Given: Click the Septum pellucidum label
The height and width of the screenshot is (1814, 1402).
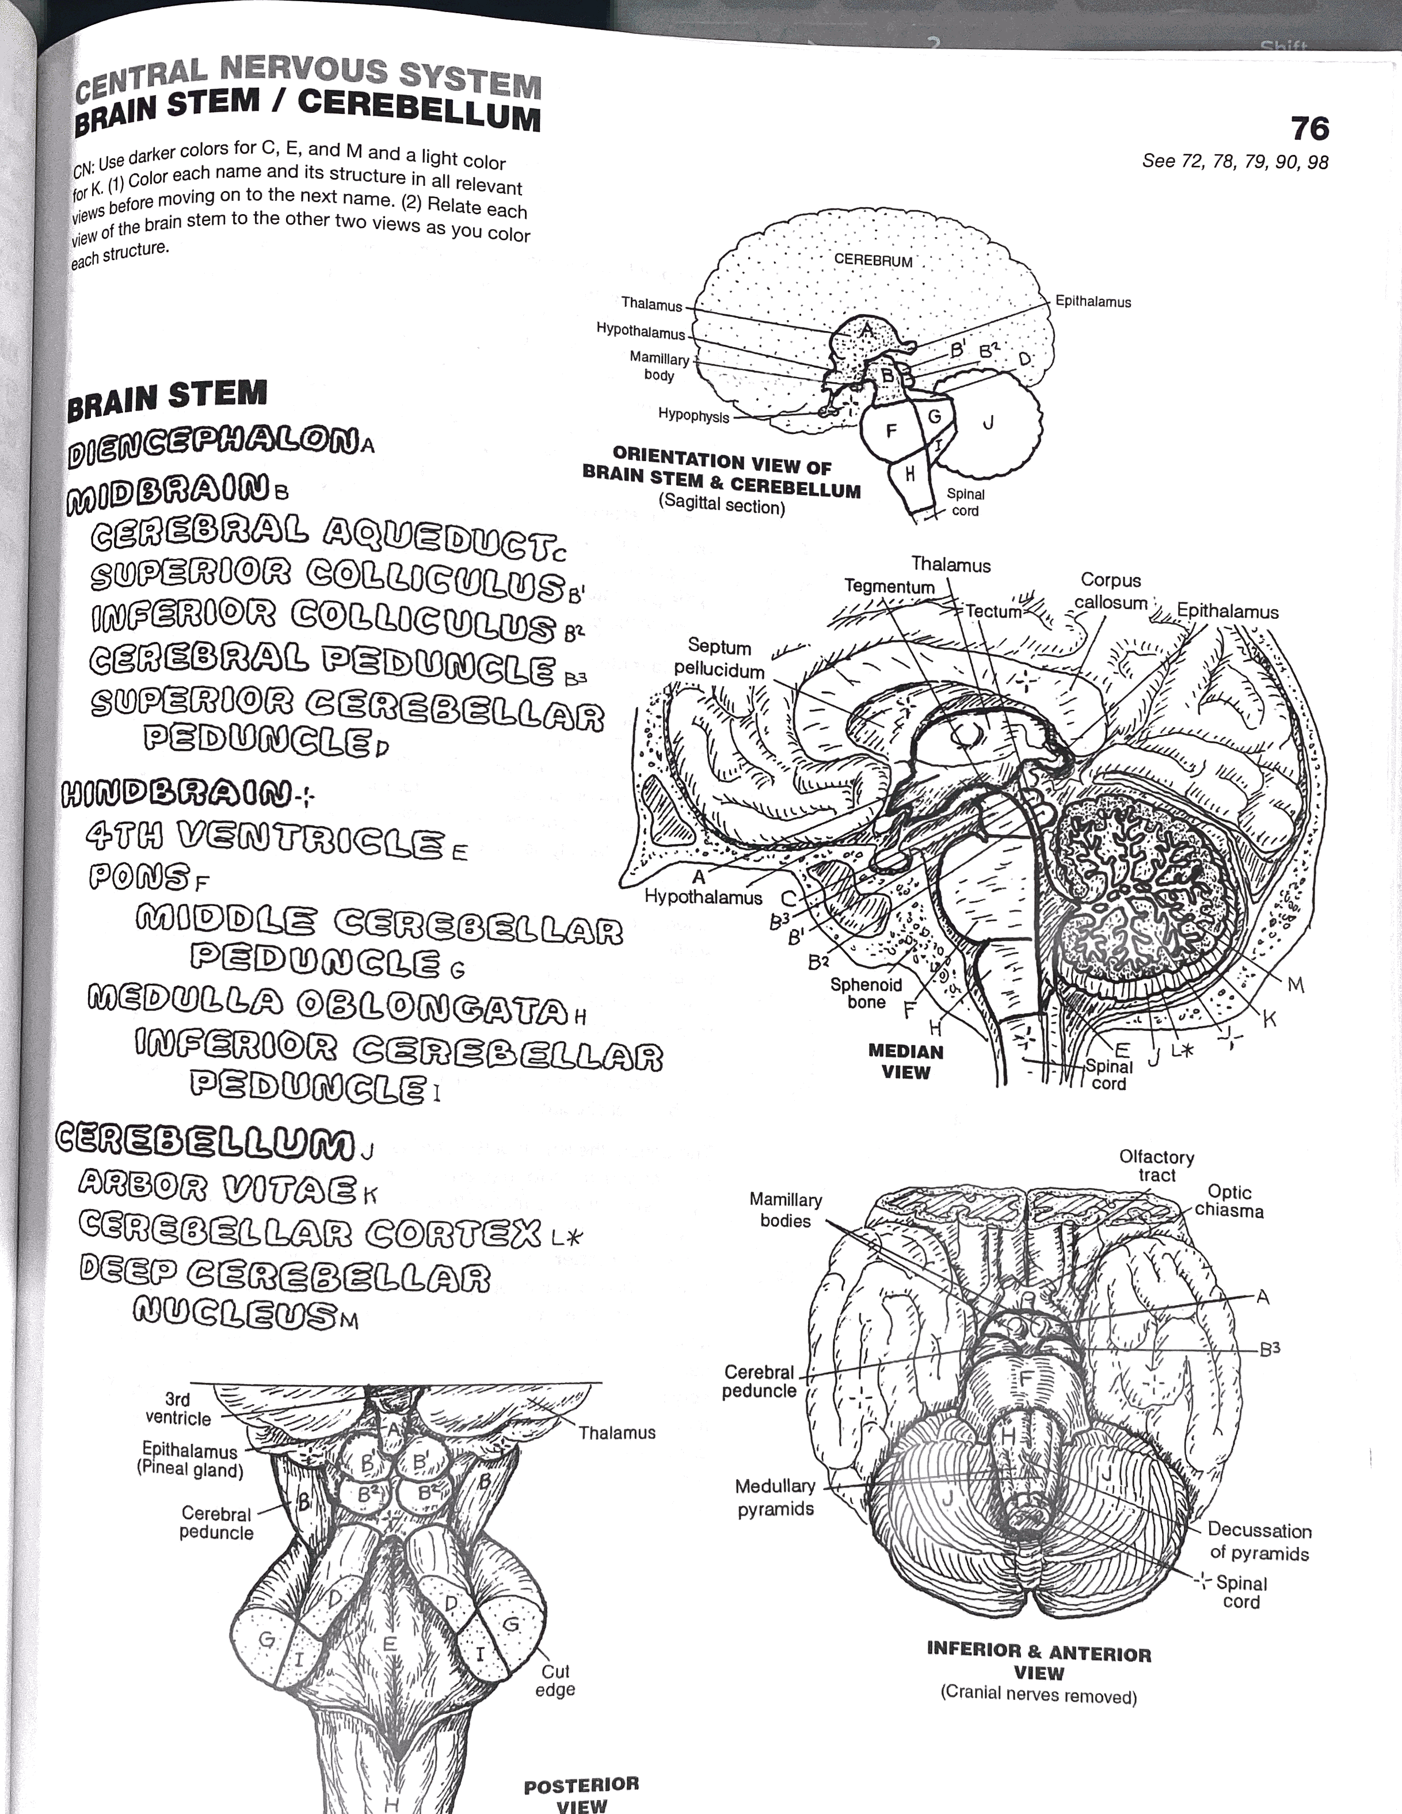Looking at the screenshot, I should pyautogui.click(x=719, y=658).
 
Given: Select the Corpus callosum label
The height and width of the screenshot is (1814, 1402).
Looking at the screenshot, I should pyautogui.click(x=1110, y=591).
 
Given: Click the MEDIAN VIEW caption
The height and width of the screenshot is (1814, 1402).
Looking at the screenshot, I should pyautogui.click(x=905, y=1062).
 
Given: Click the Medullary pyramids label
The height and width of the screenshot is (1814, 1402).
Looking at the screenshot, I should pyautogui.click(x=775, y=1497).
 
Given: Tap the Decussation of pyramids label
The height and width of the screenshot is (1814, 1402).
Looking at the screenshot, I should pyautogui.click(x=1258, y=1542).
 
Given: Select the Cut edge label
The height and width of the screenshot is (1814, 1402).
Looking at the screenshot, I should pyautogui.click(x=555, y=1680).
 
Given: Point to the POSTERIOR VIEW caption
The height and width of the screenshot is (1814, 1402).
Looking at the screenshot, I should pyautogui.click(x=581, y=1789).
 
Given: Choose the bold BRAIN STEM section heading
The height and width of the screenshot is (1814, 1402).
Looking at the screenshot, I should pyautogui.click(x=167, y=397).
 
